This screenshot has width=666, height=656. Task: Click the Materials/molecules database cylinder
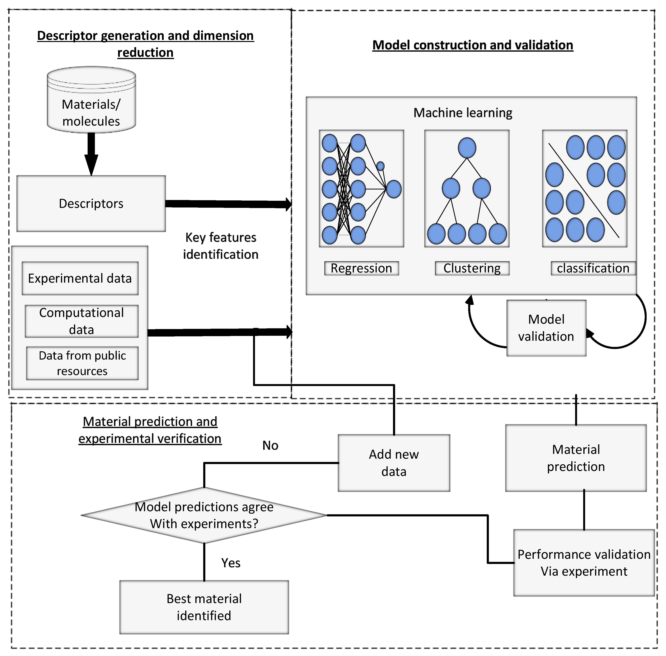[91, 100]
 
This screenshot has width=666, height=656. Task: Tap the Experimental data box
[80, 278]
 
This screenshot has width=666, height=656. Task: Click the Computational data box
[82, 321]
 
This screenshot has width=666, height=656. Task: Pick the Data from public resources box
[82, 363]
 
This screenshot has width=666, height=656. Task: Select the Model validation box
[546, 328]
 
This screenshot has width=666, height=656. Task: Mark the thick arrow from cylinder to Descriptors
[91, 153]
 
